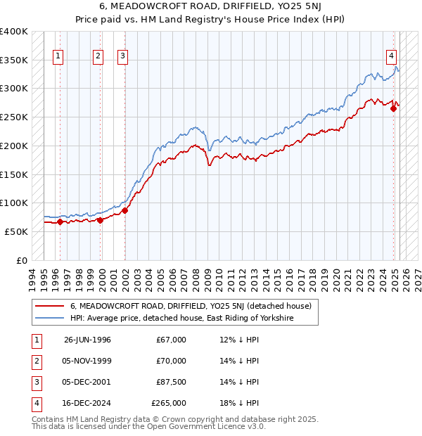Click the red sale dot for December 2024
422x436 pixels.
tap(393, 108)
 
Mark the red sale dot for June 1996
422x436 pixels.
tap(60, 222)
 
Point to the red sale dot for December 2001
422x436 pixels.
tap(125, 210)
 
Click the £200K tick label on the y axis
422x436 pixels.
tap(13, 146)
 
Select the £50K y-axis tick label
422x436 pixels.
tap(16, 231)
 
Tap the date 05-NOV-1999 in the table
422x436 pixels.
tap(87, 361)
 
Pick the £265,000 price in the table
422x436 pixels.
tap(169, 403)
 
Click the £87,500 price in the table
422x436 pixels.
tap(171, 382)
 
